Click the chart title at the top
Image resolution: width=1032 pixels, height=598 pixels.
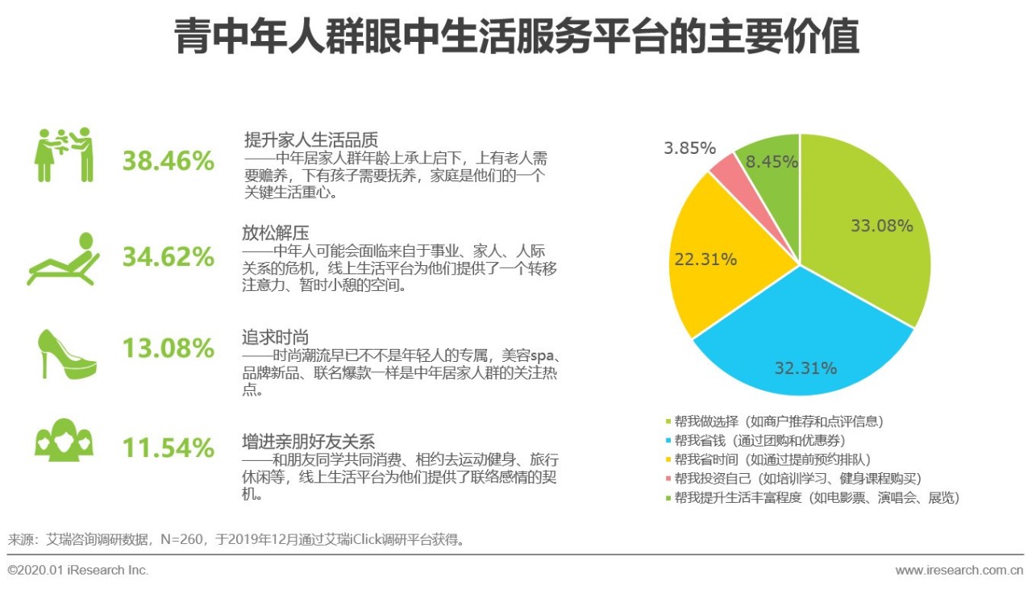tap(516, 38)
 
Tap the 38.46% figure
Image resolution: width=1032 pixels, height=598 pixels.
tap(169, 161)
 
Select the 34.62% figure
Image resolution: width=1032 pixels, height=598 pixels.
tap(169, 257)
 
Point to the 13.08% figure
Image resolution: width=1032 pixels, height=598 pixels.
tap(169, 349)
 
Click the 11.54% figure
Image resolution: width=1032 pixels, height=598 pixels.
tap(169, 447)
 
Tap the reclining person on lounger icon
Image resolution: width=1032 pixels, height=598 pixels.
tap(64, 258)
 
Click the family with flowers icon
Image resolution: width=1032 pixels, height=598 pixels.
tap(64, 155)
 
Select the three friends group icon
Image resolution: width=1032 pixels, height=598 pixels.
tap(64, 441)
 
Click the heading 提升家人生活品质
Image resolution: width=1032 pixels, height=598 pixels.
tap(310, 139)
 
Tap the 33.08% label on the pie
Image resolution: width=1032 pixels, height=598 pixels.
tap(881, 226)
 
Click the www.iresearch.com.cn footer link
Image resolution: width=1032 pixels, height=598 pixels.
tap(959, 571)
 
